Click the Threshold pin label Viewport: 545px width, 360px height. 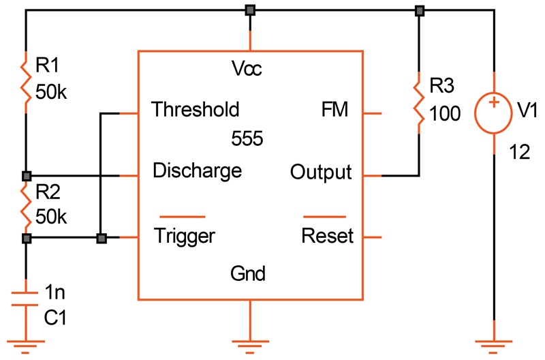pos(196,109)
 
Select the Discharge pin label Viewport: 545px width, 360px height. pos(198,170)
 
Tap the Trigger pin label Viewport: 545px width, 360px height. pos(185,236)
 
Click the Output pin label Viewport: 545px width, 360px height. pos(321,171)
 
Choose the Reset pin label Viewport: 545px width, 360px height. pos(328,236)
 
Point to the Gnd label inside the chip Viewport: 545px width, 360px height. pos(248,275)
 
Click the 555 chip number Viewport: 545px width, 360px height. pos(248,139)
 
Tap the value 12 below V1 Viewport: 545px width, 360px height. pos(519,153)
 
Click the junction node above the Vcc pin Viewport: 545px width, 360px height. pos(251,10)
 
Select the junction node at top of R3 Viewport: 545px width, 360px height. pos(419,10)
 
